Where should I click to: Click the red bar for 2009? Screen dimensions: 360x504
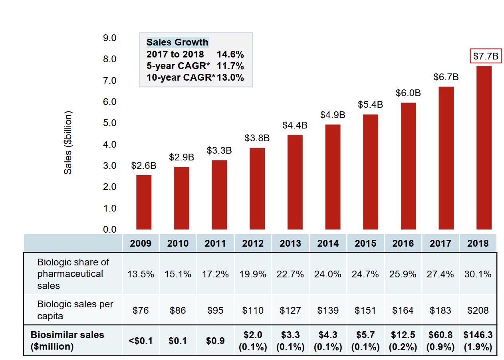coord(144,202)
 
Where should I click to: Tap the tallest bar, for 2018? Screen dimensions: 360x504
coord(484,148)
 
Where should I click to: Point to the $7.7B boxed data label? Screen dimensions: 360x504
coord(486,57)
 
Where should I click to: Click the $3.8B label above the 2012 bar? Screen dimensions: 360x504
coord(257,138)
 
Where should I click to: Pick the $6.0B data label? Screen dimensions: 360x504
coord(408,93)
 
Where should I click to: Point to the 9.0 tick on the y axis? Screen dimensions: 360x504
coord(109,38)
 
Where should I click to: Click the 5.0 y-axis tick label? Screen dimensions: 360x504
coord(109,123)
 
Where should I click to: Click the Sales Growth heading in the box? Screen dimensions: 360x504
coord(177,42)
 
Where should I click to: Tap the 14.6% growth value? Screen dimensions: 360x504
coord(230,54)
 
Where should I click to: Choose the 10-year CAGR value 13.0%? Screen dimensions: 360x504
coord(230,77)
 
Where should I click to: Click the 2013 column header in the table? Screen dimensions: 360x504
coord(290,243)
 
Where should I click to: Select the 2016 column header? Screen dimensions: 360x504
coord(403,243)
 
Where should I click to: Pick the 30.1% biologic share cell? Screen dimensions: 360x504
coord(478,274)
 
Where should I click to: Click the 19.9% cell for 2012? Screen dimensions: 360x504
coord(253,274)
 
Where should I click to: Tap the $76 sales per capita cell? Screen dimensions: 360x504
coord(141,310)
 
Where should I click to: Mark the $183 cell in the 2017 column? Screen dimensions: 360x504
coord(441,310)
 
